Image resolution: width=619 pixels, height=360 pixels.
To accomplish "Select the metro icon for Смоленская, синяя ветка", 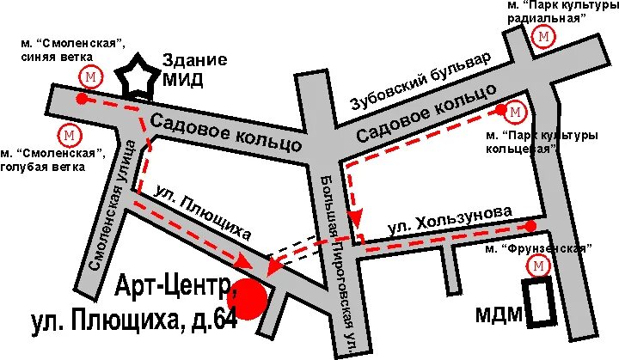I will tap(89, 76).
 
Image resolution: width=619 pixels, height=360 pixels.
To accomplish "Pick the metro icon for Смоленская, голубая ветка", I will tap(68, 135).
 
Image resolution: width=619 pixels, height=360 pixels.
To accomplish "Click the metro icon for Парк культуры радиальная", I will tap(543, 37).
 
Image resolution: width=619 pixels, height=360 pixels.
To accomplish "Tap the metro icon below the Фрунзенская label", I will tap(539, 268).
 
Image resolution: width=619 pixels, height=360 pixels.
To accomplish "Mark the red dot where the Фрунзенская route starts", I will tap(530, 226).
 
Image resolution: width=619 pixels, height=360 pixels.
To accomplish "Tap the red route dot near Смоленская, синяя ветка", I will tap(82, 99).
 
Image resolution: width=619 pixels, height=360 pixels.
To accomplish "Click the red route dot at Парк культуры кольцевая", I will tap(500, 110).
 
